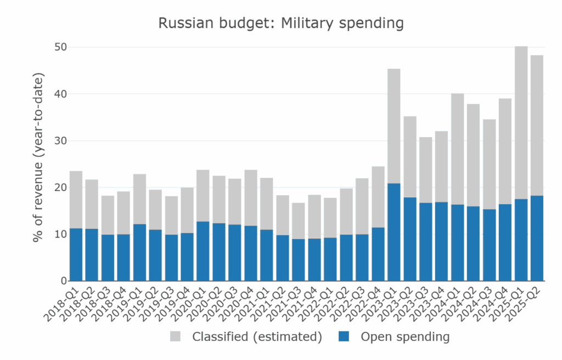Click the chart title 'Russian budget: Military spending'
click(280, 24)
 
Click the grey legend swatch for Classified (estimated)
click(176, 336)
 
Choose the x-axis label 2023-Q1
click(385, 302)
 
